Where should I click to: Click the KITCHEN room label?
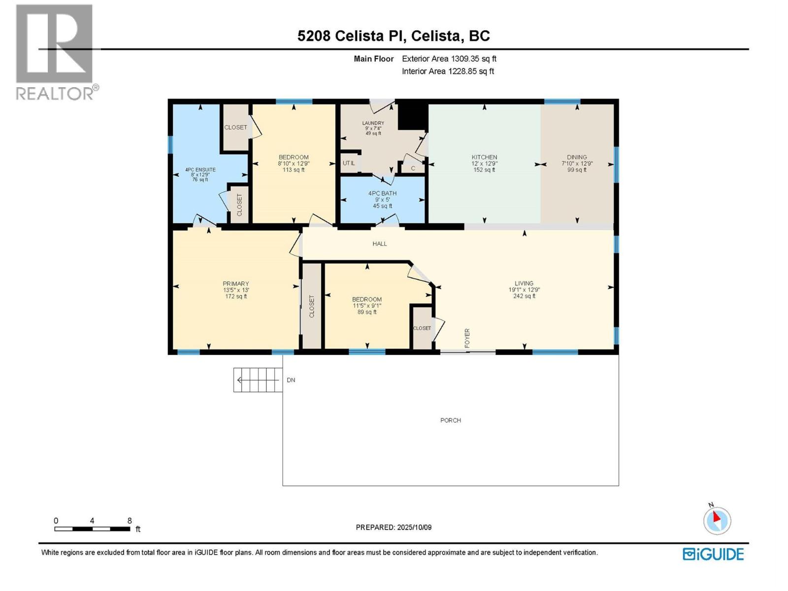484,158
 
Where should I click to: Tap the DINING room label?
577,158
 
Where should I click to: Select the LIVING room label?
524,284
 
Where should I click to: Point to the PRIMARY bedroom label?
236,284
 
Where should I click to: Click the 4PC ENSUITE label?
200,170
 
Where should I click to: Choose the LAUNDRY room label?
373,124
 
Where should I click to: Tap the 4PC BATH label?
382,194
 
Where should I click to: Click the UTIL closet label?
349,163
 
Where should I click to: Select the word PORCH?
451,421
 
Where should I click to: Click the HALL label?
380,244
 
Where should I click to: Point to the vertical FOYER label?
467,338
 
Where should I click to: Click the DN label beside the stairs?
291,380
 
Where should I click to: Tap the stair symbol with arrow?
258,380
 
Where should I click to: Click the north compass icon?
717,521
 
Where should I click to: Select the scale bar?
92,529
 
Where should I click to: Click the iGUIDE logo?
713,554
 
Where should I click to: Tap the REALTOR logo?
55,52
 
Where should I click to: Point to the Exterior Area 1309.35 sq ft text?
449,59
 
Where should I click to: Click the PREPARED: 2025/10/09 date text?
394,527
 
